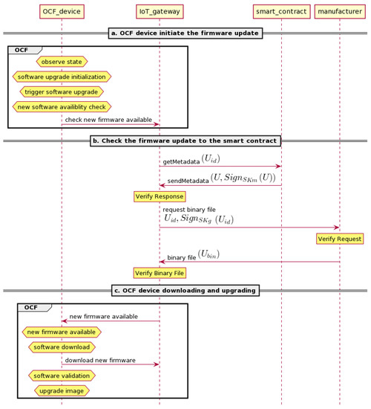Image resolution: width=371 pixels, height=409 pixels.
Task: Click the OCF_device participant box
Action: [62, 11]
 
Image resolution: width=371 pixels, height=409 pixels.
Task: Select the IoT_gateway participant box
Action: [159, 11]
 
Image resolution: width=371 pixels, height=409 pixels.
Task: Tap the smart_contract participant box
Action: [281, 11]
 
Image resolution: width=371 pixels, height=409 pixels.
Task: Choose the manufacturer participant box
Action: [340, 11]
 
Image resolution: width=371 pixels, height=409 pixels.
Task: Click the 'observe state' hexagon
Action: [62, 62]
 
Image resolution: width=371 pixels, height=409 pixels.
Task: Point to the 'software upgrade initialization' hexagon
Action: [62, 77]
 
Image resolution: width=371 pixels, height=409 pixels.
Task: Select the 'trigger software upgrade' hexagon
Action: [62, 91]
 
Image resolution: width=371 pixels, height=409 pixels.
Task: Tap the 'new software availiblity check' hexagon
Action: [62, 106]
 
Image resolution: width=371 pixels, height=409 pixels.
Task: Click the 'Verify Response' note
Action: [159, 196]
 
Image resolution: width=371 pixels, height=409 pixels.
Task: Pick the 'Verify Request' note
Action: [340, 239]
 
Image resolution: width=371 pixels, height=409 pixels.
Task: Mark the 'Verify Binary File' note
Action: [159, 273]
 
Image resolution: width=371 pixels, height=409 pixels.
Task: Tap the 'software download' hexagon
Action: [62, 346]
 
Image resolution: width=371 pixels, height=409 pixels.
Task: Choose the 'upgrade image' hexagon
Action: [62, 389]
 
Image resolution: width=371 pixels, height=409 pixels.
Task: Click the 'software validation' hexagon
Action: [62, 375]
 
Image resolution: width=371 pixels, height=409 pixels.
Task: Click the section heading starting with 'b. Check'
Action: [185, 140]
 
